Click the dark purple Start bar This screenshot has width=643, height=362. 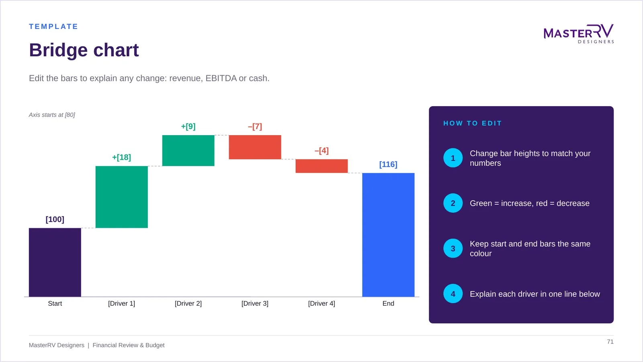55,262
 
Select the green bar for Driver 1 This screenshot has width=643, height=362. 122,197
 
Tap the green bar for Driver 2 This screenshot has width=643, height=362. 188,150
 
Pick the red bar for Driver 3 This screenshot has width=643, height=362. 255,147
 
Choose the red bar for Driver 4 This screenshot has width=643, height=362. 321,166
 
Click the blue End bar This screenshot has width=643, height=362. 388,235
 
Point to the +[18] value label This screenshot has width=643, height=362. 121,157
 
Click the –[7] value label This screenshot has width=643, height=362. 255,127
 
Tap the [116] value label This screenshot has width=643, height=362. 388,165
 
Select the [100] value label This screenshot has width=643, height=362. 55,220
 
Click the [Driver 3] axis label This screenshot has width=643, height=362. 255,303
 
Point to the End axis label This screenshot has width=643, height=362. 388,303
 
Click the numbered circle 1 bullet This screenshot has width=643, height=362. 453,158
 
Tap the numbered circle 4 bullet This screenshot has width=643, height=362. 453,294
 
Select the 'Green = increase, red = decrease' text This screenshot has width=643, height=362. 530,204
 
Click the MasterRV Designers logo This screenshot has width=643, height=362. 579,34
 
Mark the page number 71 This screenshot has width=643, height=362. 610,341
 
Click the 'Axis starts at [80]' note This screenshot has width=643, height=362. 52,115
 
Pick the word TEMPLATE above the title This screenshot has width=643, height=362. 53,27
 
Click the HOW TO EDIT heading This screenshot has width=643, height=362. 473,123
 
